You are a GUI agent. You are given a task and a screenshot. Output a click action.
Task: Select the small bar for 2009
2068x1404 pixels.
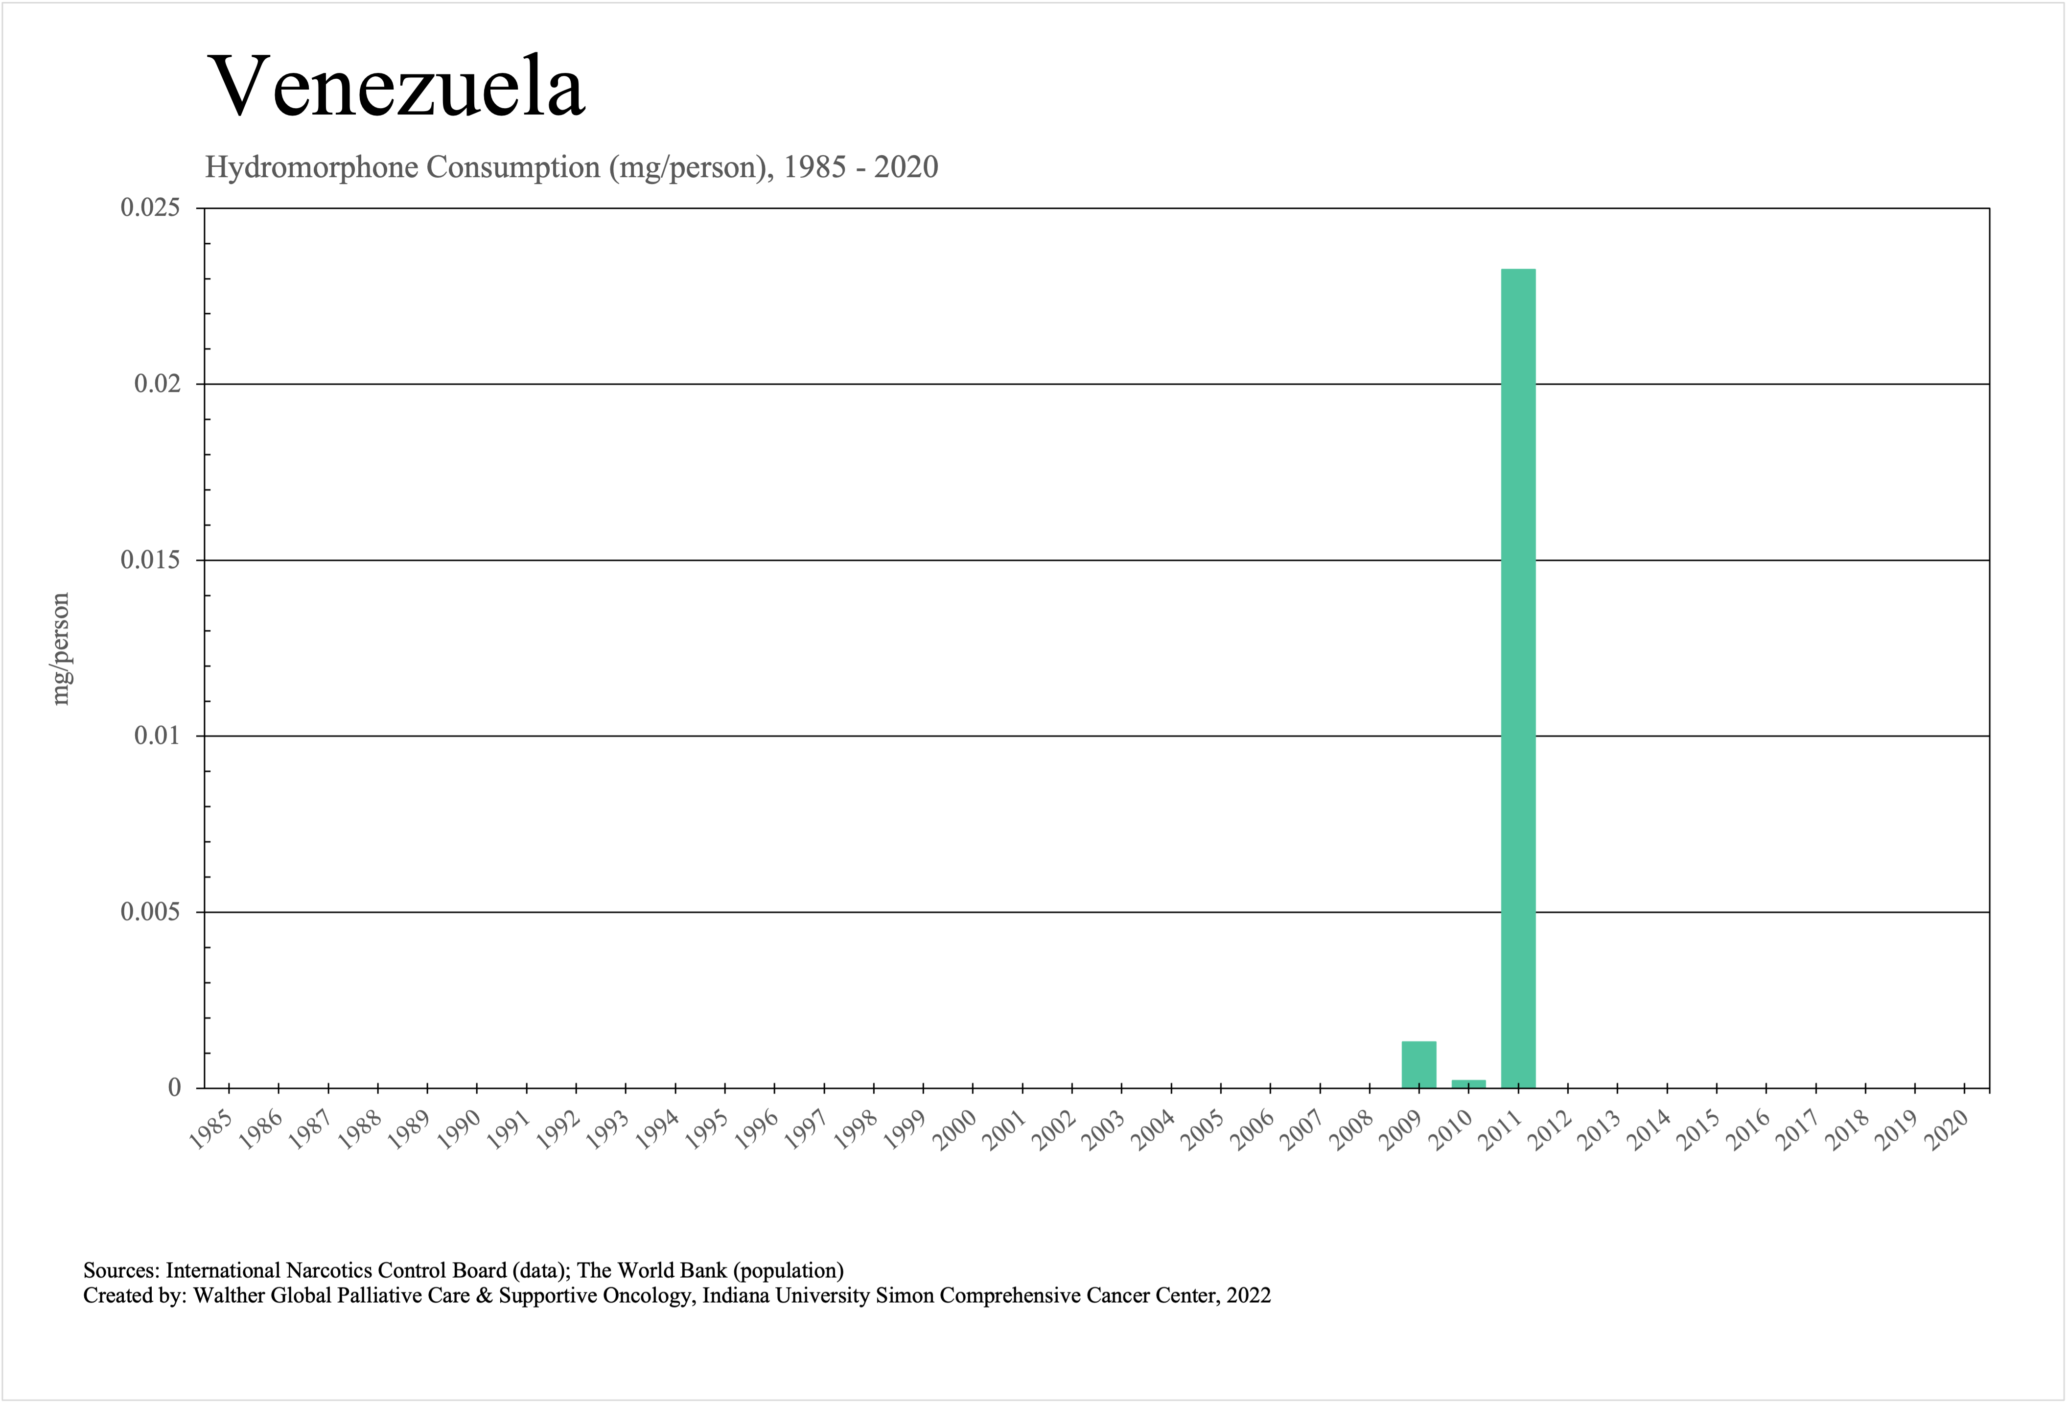point(1418,1064)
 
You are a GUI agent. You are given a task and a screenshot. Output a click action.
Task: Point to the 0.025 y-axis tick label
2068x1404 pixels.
point(149,207)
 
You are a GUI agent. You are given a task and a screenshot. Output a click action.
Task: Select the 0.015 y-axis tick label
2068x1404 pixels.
point(149,560)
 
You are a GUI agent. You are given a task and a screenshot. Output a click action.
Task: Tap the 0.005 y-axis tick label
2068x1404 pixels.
point(149,912)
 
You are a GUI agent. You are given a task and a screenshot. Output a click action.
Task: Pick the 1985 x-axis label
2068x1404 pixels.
point(212,1130)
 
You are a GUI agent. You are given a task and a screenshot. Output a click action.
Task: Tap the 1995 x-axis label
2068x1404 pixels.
point(707,1130)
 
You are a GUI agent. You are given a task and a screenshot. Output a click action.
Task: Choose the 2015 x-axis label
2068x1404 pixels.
point(1699,1130)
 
